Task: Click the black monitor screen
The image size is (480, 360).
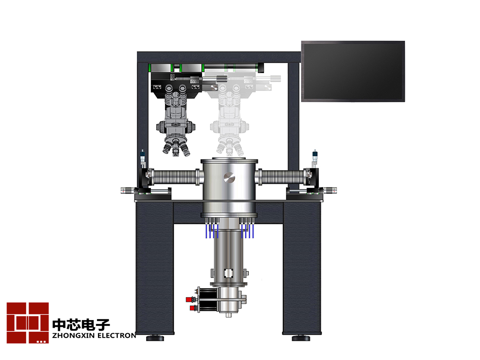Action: [x=353, y=71]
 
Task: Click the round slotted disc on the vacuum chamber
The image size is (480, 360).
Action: [x=229, y=178]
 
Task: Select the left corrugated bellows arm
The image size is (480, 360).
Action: [x=174, y=178]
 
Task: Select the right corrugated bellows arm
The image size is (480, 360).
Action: [x=282, y=178]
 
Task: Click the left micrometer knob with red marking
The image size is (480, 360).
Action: [x=127, y=190]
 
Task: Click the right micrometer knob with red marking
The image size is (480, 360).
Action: [x=330, y=190]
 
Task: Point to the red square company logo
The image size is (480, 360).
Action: [x=28, y=322]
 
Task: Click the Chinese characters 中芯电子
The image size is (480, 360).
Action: [x=81, y=325]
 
